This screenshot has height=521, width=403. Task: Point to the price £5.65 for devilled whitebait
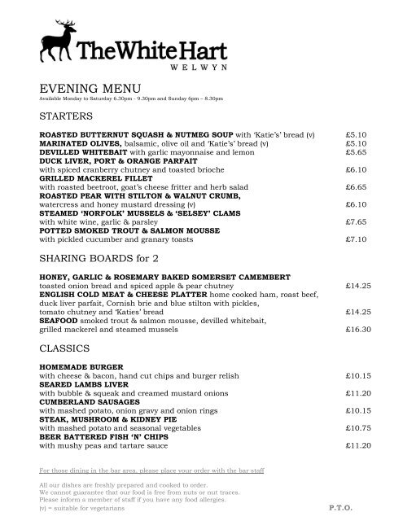(x=357, y=151)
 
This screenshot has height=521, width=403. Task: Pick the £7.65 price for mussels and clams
(x=357, y=221)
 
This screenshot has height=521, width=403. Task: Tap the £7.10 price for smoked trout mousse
(x=357, y=240)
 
